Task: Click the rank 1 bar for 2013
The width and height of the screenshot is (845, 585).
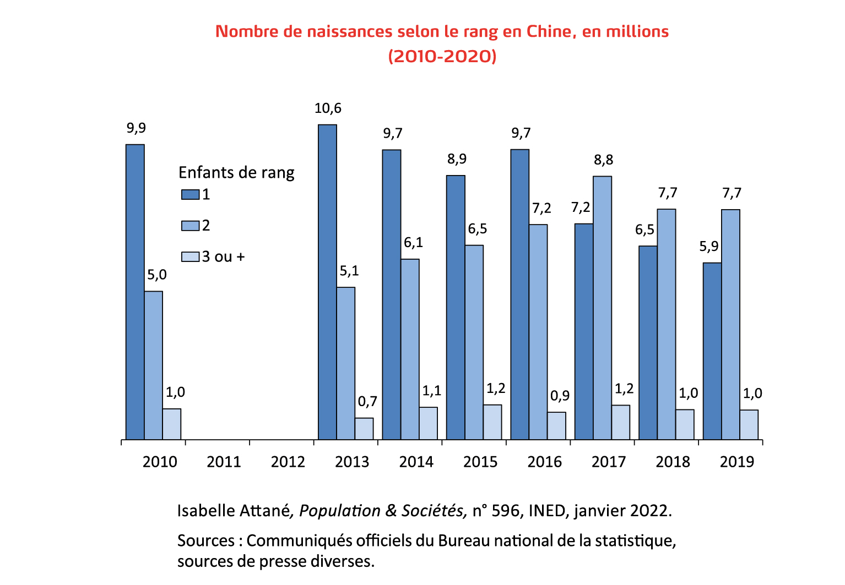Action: (327, 282)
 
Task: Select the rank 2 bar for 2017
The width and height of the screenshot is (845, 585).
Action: (602, 308)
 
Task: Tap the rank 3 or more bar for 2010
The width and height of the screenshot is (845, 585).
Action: (171, 424)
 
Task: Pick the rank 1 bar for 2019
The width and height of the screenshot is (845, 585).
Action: (712, 351)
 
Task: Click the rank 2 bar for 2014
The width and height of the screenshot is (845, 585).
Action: (410, 349)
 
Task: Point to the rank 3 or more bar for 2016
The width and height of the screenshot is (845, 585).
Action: (556, 425)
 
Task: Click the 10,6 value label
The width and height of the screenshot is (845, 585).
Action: (328, 108)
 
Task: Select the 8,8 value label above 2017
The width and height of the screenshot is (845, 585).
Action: (603, 160)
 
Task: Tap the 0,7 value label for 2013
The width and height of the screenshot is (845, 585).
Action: (367, 402)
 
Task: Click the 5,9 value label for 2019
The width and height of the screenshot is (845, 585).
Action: (709, 247)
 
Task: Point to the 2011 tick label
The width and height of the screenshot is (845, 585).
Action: (224, 462)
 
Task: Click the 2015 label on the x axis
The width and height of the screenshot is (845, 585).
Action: (480, 462)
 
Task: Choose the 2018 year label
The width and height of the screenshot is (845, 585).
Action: (673, 462)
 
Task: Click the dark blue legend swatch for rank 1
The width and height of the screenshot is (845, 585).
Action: (190, 194)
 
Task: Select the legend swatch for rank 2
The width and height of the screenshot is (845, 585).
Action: (190, 226)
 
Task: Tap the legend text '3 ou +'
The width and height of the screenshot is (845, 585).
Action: (223, 256)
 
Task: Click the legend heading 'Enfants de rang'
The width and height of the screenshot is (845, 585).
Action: (236, 173)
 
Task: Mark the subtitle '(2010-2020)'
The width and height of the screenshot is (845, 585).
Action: (442, 56)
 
